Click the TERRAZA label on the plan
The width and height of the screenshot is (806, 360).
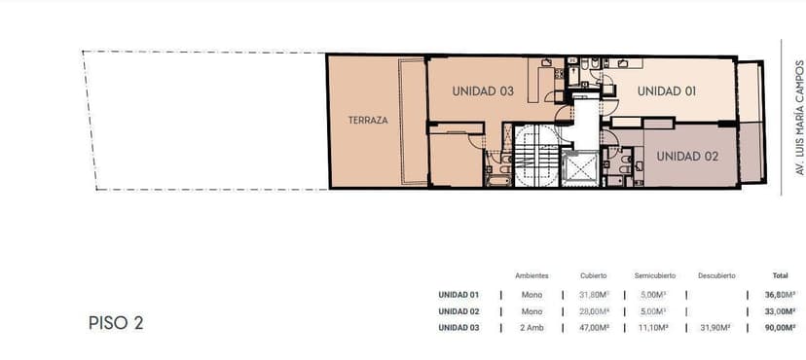coord(368,121)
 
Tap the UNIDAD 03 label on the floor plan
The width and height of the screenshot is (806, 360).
coord(483,91)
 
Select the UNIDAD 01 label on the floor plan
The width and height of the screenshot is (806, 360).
coord(667,91)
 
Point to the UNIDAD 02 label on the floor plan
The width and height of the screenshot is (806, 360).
coord(687,157)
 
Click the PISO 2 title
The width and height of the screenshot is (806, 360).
coord(116,323)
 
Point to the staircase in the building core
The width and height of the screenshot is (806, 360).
coord(536,156)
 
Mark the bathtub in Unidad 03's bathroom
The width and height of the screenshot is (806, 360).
coord(498,181)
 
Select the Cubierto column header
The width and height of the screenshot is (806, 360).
coord(593,275)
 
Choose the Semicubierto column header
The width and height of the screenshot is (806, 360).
coord(655,275)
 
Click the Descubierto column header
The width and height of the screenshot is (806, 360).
coord(716,275)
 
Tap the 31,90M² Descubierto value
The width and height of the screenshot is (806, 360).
coord(717,328)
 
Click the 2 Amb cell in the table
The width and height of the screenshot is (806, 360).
coord(531,328)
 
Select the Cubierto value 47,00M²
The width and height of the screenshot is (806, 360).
coord(594,328)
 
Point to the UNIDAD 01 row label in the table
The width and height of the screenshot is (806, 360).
coord(458,295)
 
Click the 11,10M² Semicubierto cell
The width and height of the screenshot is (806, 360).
coord(655,328)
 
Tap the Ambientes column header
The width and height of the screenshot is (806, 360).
coord(531,275)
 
